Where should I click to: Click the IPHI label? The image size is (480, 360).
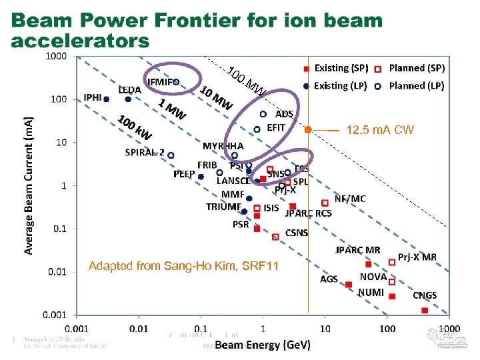tap(93, 97)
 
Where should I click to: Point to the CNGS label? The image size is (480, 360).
tap(425, 295)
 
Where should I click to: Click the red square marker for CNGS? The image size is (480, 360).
tap(425, 310)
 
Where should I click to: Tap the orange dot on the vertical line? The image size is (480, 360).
tap(308, 129)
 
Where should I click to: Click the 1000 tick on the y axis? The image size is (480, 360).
tap(56, 56)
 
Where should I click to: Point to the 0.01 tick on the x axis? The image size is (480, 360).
tap(139, 328)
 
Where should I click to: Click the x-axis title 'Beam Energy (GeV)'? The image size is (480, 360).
tap(263, 345)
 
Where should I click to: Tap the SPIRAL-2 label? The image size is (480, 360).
tap(145, 152)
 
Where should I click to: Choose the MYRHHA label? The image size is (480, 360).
tap(223, 145)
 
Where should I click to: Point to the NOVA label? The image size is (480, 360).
tap(373, 276)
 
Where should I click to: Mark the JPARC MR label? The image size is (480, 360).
tap(357, 250)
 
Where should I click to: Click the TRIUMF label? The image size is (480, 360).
tap(223, 207)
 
